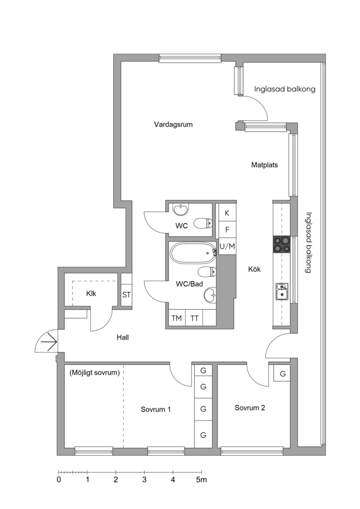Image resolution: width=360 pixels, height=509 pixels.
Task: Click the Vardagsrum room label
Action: pyautogui.click(x=174, y=124)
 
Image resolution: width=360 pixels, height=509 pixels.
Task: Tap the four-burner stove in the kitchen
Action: pyautogui.click(x=281, y=245)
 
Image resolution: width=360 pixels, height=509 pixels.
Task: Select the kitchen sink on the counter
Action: pyautogui.click(x=281, y=291)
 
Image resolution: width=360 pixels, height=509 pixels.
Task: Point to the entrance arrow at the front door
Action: pyautogui.click(x=49, y=342)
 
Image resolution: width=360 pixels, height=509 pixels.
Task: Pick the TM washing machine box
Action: pyautogui.click(x=177, y=318)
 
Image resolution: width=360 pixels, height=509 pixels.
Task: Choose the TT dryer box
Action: pyautogui.click(x=194, y=318)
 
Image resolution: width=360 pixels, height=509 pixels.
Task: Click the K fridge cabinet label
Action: pyautogui.click(x=227, y=213)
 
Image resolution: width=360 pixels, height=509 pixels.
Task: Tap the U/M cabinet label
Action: pyautogui.click(x=227, y=247)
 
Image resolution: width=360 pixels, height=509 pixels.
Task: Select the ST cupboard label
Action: pyautogui.click(x=127, y=295)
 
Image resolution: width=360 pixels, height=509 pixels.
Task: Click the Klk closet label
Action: pyautogui.click(x=91, y=293)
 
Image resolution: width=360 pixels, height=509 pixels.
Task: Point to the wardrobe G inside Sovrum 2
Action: pyautogui.click(x=283, y=374)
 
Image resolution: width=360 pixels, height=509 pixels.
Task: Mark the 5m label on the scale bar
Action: pyautogui.click(x=201, y=480)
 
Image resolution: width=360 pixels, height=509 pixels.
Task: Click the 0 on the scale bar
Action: pyautogui.click(x=59, y=480)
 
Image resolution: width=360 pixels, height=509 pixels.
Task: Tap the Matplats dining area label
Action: pyautogui.click(x=265, y=165)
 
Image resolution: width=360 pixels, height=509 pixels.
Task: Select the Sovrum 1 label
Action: pyautogui.click(x=156, y=410)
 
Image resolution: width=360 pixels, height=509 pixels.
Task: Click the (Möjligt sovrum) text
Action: pyautogui.click(x=94, y=373)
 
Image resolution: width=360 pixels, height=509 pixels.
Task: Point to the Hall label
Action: pyautogui.click(x=123, y=338)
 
